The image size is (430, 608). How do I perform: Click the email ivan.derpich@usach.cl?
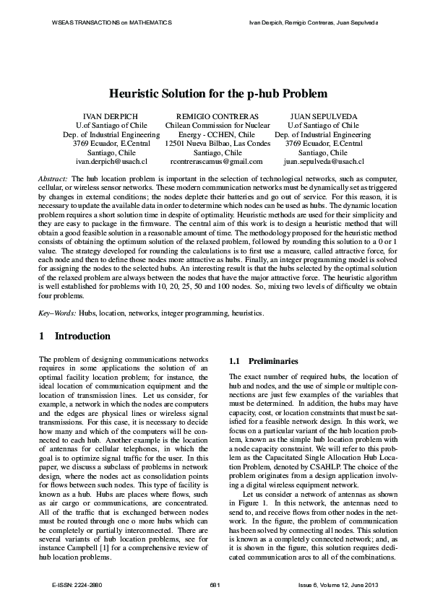(111, 162)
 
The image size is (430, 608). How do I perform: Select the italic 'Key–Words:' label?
(56, 313)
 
